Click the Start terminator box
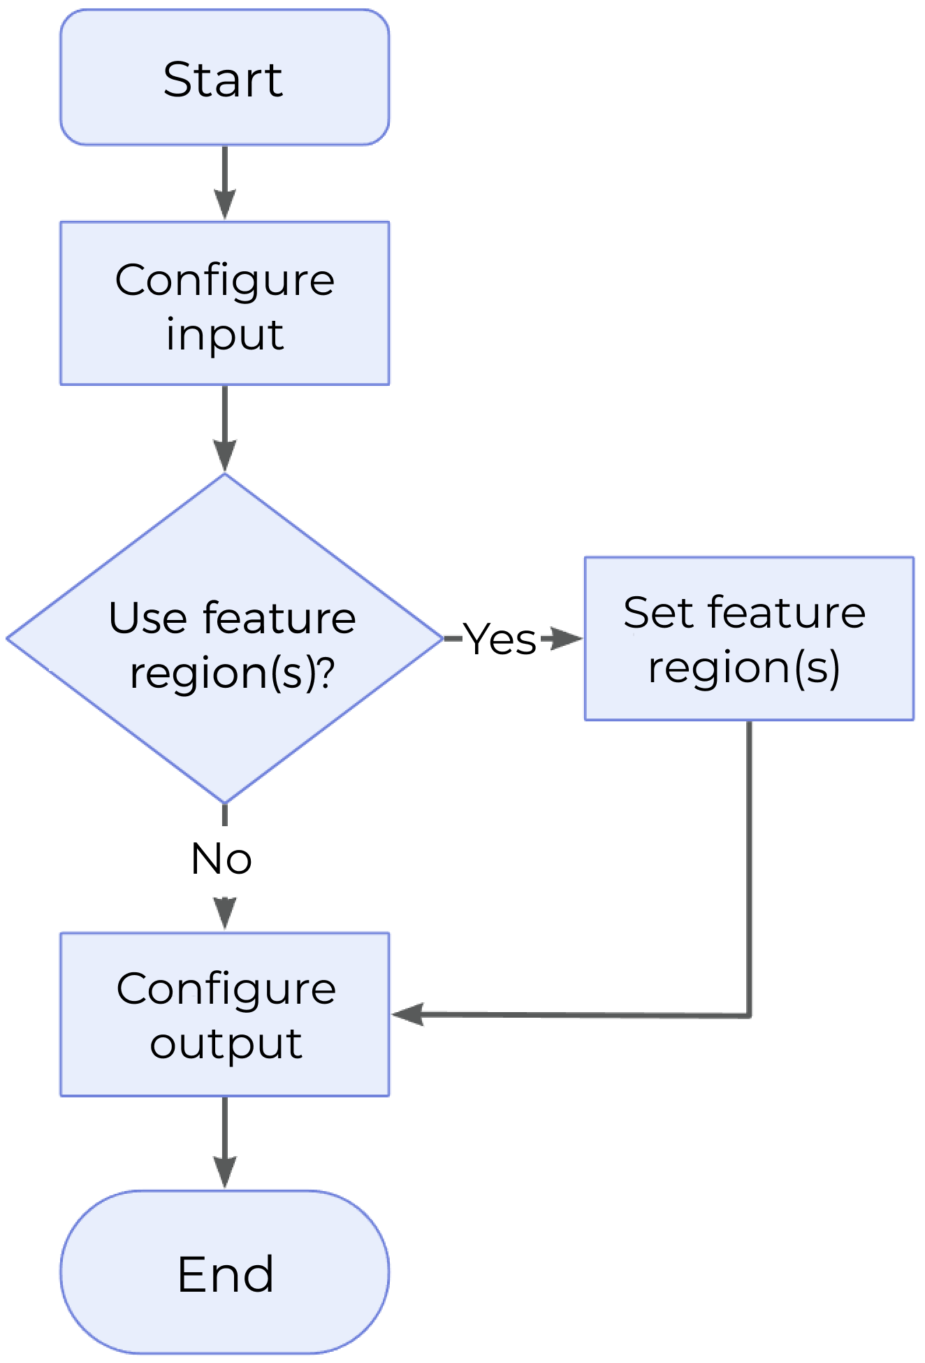click(x=224, y=78)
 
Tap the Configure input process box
click(x=224, y=303)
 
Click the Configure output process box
click(x=224, y=1014)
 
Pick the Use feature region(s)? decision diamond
click(x=224, y=637)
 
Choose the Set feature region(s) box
click(x=748, y=638)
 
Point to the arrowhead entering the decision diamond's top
click(x=224, y=459)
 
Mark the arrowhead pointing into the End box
click(x=224, y=1174)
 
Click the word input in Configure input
click(x=224, y=335)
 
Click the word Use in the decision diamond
click(x=147, y=618)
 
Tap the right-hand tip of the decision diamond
click(x=441, y=637)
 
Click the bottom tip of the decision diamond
click(x=224, y=801)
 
